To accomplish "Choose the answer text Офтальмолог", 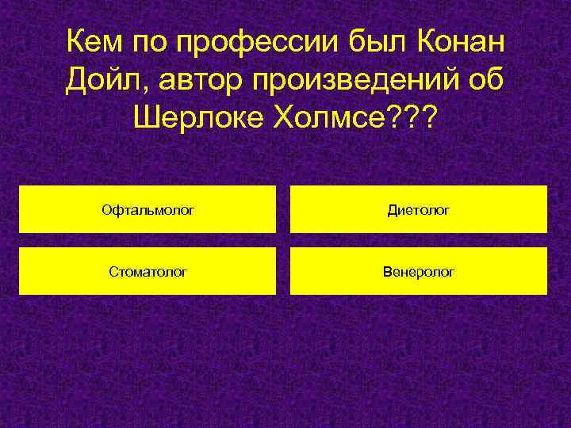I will point(148,210).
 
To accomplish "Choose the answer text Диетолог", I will point(419,210).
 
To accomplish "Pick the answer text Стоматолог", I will point(148,272).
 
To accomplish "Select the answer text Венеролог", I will point(419,272).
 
